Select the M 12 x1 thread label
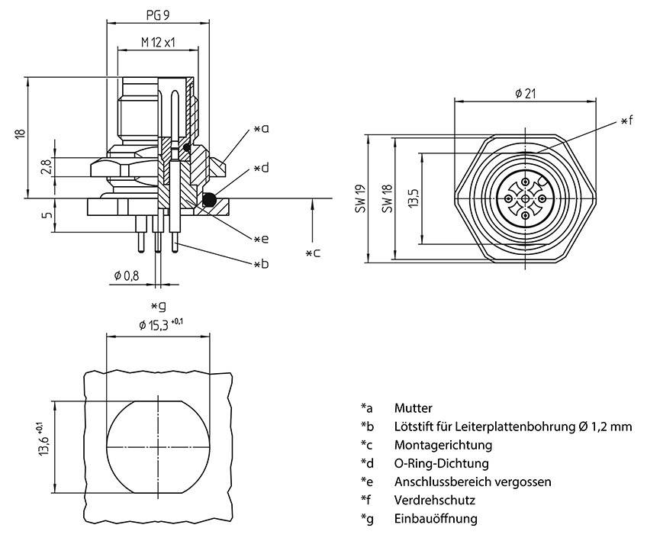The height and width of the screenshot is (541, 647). coord(158,43)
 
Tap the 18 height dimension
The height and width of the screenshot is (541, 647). coord(21,134)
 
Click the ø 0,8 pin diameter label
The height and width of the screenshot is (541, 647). coord(126,275)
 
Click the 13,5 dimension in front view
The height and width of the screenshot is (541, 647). coord(411,199)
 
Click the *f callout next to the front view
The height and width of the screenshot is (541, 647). coord(626,121)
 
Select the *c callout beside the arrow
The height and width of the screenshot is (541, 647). coord(312,253)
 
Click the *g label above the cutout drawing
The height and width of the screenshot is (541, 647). coord(158,306)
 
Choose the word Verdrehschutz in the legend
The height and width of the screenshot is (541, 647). coord(435,501)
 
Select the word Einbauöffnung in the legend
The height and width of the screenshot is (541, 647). coord(436,519)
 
